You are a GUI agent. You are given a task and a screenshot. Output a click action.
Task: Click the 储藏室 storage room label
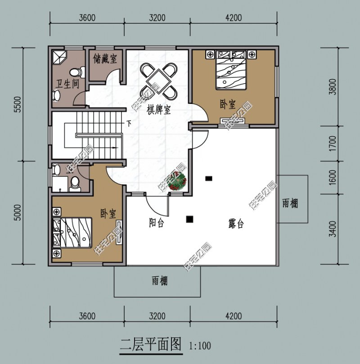[x=105, y=58]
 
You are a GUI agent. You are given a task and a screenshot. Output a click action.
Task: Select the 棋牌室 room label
[x=159, y=110]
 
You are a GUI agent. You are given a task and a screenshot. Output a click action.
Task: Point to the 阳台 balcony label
[x=157, y=222]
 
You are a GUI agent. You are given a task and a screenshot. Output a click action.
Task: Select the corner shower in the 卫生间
[x=59, y=57]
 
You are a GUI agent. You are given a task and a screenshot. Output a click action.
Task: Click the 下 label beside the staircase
[x=129, y=123]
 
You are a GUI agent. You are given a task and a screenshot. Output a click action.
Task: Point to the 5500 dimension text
[x=18, y=105]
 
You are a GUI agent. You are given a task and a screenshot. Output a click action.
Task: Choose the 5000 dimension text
[x=18, y=213]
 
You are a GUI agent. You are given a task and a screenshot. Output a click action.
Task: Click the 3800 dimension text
[x=332, y=85]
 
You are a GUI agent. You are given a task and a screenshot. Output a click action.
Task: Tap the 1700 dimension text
[x=332, y=144]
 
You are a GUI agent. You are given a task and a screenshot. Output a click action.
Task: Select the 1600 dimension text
[x=332, y=177]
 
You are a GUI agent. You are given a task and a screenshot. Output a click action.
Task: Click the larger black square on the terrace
[x=189, y=220]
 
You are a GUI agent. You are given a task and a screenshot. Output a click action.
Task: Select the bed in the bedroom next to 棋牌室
[x=231, y=69]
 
